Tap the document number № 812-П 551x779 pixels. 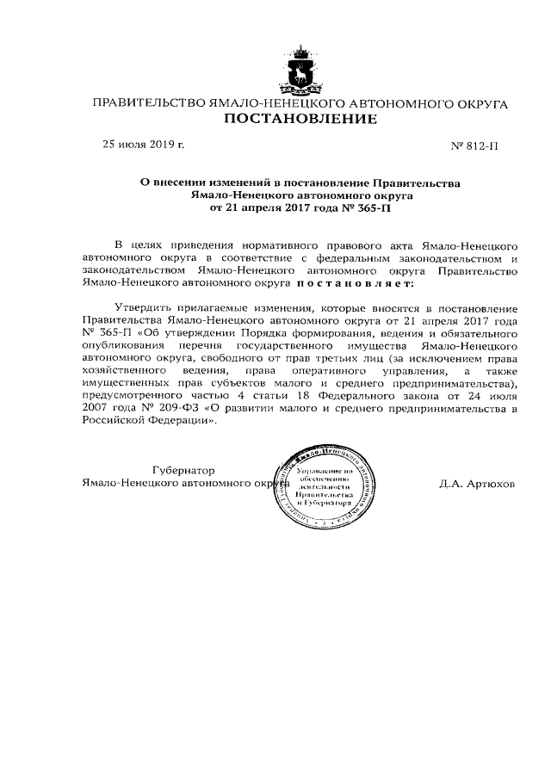tap(474, 146)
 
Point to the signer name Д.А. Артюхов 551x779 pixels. tap(477, 484)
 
